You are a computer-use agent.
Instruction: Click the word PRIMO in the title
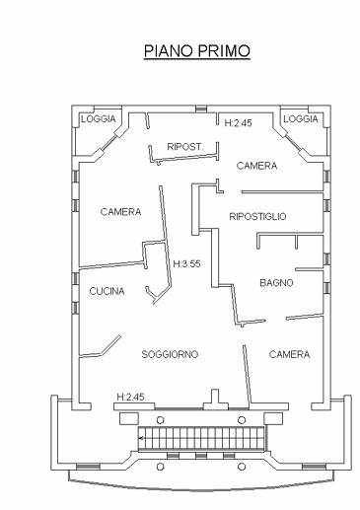point(224,51)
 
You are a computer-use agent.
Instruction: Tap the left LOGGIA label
point(99,119)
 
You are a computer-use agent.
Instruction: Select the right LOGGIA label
point(301,119)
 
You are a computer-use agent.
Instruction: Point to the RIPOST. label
point(185,147)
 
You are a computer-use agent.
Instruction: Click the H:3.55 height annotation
point(186,263)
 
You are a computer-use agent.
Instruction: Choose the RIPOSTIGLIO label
point(257,216)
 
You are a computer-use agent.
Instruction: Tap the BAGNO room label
point(276,282)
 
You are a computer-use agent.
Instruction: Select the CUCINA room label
point(107,291)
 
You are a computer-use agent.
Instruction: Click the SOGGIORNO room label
point(170,354)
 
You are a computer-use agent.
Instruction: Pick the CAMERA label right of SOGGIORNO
point(289,354)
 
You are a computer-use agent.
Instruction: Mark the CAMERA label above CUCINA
point(120,212)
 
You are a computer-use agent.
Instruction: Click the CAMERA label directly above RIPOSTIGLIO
point(256,166)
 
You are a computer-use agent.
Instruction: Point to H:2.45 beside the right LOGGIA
point(239,123)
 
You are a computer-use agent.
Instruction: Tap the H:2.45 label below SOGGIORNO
point(130,397)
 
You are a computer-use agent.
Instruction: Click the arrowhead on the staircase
point(141,438)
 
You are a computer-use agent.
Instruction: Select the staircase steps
point(201,438)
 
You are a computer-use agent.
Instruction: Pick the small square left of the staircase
point(128,418)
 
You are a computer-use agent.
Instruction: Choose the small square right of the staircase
point(273,418)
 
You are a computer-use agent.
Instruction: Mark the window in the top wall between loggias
point(201,109)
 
